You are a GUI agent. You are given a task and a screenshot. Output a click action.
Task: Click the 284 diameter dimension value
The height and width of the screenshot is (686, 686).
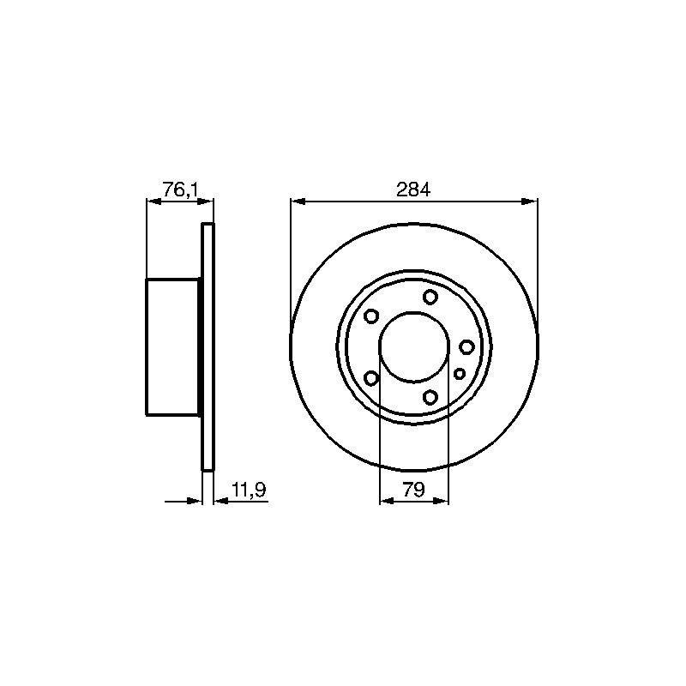coord(413,190)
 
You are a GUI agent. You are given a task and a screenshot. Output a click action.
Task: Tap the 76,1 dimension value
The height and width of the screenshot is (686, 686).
coord(181,190)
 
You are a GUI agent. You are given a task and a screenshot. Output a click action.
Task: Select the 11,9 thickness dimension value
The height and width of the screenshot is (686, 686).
coord(249,490)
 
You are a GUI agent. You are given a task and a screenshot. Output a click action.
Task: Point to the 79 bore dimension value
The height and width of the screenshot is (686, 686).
coord(414,490)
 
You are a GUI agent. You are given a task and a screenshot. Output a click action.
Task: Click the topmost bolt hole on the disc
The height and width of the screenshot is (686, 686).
coord(430,297)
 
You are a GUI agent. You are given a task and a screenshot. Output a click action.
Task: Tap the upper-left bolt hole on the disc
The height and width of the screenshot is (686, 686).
coord(371,316)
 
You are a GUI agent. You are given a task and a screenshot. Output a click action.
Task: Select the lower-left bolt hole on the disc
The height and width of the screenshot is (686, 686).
coord(371,378)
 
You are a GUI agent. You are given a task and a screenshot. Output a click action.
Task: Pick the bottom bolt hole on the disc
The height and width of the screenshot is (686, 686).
coord(430,397)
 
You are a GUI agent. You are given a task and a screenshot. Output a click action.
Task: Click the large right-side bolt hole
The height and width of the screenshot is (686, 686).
coord(466,347)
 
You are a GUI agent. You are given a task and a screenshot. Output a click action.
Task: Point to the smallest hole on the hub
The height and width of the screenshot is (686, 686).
coord(460,374)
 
